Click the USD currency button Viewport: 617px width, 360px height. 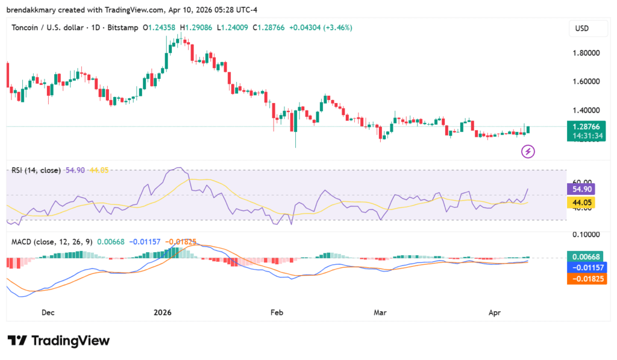(x=582, y=28)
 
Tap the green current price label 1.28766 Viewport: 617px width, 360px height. (x=586, y=127)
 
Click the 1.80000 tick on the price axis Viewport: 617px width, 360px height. (x=586, y=52)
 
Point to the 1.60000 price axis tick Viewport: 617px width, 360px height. (x=586, y=81)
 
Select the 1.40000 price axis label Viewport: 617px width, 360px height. (x=586, y=110)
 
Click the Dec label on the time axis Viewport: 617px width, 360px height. (x=48, y=312)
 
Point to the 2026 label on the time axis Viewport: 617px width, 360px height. (x=163, y=312)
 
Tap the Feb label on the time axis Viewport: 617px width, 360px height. (x=277, y=312)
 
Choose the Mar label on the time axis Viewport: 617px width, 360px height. (x=380, y=312)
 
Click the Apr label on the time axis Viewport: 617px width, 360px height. (x=494, y=312)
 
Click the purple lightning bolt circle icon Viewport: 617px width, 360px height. (x=528, y=151)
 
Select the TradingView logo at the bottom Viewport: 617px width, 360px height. (x=58, y=341)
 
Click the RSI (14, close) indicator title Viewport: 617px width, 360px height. (x=36, y=171)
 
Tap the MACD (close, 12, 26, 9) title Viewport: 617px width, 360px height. (x=52, y=242)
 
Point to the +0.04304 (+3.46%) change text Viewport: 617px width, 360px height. (x=322, y=28)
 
